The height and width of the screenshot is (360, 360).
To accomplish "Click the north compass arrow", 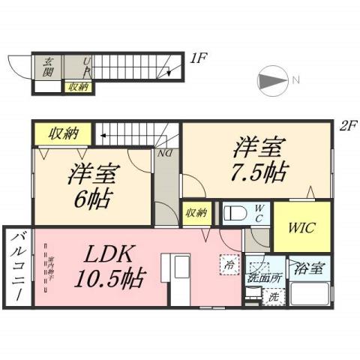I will pyautogui.click(x=273, y=80).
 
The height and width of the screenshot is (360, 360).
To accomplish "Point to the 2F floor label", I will pyautogui.click(x=347, y=126).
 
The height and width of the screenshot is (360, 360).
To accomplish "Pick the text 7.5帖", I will pyautogui.click(x=256, y=171).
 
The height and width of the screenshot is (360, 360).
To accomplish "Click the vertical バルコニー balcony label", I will pyautogui.click(x=16, y=268).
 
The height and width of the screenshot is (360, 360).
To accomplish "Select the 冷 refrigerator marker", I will pyautogui.click(x=226, y=263).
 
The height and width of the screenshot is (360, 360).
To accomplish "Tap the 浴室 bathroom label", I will pyautogui.click(x=309, y=267).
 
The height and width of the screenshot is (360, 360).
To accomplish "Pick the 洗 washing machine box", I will pyautogui.click(x=274, y=297).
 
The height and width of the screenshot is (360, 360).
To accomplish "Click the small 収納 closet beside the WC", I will pyautogui.click(x=196, y=212).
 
